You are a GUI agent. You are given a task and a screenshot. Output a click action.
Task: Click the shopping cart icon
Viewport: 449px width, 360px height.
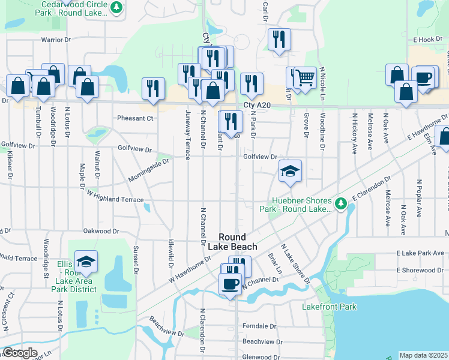click(x=306, y=77)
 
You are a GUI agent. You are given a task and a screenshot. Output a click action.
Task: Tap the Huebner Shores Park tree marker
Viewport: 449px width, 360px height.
click(x=341, y=205)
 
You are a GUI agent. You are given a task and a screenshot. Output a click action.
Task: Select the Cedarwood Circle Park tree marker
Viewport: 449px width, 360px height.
click(x=117, y=8)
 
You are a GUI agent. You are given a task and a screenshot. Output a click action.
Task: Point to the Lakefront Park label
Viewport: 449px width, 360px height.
click(x=330, y=307)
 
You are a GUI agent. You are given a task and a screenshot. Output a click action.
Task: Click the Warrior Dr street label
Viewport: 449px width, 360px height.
click(x=56, y=40)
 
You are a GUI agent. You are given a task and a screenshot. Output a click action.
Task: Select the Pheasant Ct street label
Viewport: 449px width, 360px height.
click(x=136, y=118)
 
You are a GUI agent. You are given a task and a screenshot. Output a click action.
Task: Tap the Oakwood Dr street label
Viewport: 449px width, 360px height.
click(x=101, y=230)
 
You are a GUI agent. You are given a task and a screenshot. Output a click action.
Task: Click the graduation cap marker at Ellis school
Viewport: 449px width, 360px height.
click(x=86, y=262)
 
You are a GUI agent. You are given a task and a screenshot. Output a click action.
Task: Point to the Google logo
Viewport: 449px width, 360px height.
click(x=20, y=353)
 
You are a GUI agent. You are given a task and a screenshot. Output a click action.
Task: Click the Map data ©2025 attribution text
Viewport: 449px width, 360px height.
click(x=423, y=355)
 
